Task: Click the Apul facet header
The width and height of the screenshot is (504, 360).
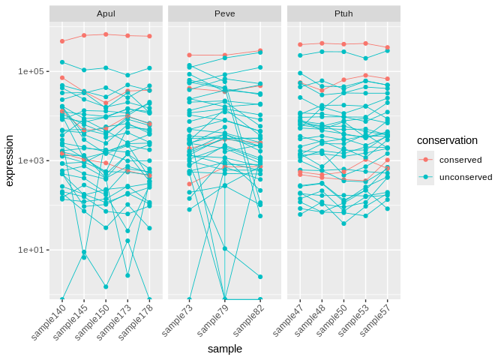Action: [x=106, y=13]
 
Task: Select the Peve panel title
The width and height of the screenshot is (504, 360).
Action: [x=224, y=13]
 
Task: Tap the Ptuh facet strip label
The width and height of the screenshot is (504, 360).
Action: [x=343, y=13]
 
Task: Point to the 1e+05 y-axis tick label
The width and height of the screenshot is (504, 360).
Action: [x=31, y=71]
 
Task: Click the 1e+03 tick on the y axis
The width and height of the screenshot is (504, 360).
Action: [x=31, y=160]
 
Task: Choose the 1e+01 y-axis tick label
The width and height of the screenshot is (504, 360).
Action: [x=31, y=250]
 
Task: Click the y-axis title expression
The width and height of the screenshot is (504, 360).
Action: [x=10, y=160]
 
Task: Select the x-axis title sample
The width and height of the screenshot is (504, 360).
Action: [x=224, y=349]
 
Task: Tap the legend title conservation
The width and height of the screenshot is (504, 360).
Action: [x=447, y=140]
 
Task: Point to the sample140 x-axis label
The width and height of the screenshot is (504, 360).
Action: [x=50, y=322]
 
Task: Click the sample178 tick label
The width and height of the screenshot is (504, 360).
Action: [x=136, y=322]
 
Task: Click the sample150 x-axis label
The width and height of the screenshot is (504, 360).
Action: [x=94, y=322]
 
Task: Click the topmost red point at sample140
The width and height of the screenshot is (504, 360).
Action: [x=62, y=41]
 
